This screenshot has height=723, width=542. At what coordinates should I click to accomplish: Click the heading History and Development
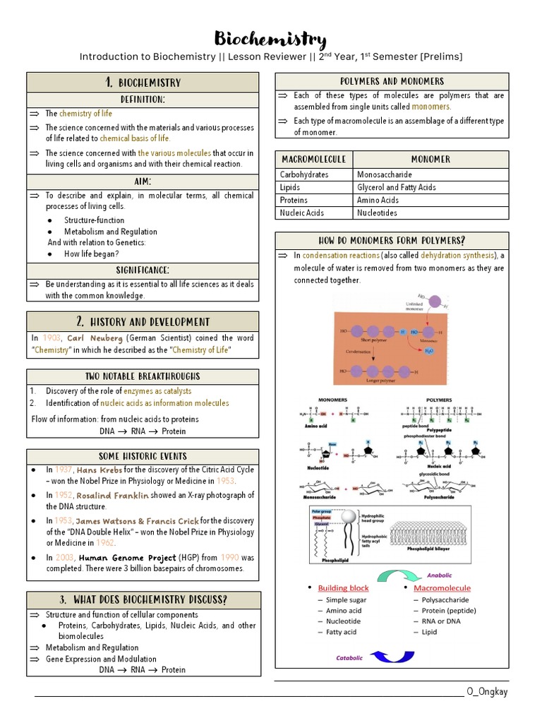tap(143, 322)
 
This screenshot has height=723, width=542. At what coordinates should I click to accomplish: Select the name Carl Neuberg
tap(95, 338)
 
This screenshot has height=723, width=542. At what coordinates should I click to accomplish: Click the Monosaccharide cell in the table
tap(385, 174)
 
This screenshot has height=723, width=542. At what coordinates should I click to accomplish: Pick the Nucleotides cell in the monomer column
tap(378, 213)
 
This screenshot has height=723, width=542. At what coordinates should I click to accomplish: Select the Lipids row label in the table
tap(290, 187)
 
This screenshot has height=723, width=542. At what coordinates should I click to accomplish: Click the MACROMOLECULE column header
tap(313, 160)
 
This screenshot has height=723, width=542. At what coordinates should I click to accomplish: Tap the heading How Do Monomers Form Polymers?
tap(392, 241)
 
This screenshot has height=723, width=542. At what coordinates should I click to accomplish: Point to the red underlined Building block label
tap(343, 587)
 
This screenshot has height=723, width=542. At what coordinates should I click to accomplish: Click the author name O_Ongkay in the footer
tap(487, 691)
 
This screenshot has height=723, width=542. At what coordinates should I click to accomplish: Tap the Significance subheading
tap(143, 270)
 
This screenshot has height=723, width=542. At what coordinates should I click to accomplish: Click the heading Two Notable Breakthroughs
tap(143, 376)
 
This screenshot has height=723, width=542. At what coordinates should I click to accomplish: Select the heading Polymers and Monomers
tap(392, 81)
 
